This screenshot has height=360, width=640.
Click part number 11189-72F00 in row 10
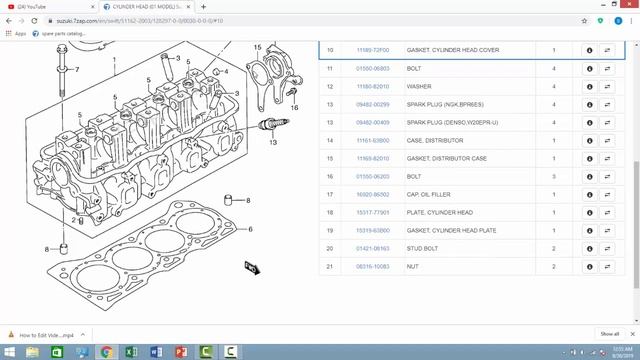372,50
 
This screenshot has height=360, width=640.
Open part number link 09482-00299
372,104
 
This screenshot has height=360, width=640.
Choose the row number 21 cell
330,266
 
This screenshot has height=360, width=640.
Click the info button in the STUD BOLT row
589,248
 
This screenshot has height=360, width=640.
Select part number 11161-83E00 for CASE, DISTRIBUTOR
372,140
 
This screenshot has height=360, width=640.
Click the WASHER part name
419,86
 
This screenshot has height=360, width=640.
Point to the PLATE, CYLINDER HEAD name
441,212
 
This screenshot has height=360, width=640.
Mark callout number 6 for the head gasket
250,230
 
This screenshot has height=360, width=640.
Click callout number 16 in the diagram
294,107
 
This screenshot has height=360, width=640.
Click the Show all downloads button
609,334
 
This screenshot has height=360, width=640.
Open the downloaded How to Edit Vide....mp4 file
45,334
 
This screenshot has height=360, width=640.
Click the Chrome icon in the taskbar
107,352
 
